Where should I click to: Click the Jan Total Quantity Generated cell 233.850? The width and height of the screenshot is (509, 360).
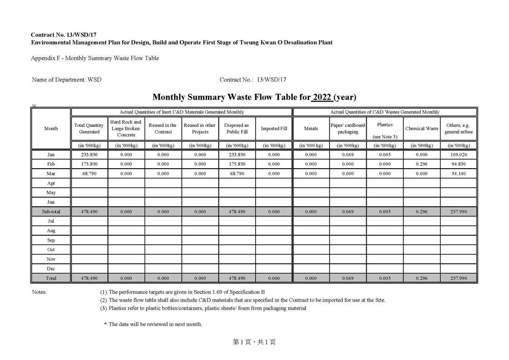point(89,155)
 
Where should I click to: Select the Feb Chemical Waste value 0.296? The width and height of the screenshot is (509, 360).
point(422,164)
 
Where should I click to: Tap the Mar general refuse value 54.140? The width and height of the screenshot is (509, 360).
point(459,174)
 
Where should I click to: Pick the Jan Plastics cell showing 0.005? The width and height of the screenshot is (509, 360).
point(384,155)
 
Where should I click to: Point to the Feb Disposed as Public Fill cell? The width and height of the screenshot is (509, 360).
point(237,164)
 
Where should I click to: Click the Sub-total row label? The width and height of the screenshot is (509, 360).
point(51,212)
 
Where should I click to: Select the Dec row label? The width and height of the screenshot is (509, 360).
point(51,269)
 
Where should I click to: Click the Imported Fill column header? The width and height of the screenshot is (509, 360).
point(274,129)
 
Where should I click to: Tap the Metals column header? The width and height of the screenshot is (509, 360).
point(311,129)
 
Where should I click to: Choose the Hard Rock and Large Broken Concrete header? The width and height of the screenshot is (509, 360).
point(126,128)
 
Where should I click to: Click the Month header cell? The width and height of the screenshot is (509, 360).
point(51,129)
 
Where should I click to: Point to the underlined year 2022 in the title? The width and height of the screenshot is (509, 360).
point(322,97)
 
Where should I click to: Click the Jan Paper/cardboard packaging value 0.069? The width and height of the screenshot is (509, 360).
point(348,155)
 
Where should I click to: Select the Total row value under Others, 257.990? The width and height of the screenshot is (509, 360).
point(459,278)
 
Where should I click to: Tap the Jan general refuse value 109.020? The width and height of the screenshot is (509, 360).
point(459,155)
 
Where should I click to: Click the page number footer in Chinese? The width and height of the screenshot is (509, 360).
point(254,342)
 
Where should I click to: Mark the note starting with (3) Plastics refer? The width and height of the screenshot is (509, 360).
point(203,308)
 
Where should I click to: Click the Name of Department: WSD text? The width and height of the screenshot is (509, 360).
point(67,80)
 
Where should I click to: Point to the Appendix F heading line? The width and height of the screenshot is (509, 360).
point(95,58)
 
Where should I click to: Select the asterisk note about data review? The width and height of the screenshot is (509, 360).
point(153,324)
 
